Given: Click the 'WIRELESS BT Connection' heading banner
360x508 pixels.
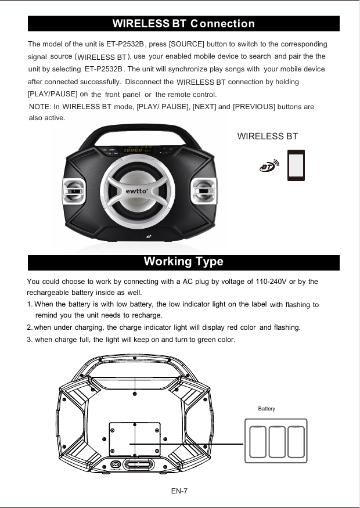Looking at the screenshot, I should click(183, 24).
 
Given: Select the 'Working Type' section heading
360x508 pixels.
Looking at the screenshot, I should click(183, 262).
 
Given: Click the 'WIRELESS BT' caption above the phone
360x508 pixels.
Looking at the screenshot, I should click(268, 136).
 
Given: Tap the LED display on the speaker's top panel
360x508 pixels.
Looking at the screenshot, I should click(134, 150).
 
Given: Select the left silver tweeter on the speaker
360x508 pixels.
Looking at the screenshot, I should click(74, 191).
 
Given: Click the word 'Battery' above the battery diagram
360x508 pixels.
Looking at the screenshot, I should click(267, 409).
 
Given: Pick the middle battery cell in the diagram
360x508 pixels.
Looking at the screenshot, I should click(276, 443).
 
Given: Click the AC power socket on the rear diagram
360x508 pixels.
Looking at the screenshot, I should click(116, 464).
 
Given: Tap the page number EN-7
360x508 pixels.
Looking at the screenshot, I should click(179, 491).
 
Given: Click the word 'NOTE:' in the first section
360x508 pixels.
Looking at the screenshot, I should click(40, 107).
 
